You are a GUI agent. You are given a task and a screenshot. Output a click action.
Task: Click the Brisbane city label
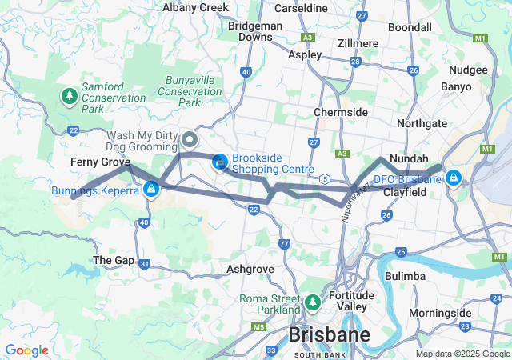(330, 334)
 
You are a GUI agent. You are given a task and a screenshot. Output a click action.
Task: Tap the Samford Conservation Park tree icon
(70, 98)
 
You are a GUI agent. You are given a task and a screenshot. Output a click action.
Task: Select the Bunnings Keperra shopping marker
(150, 190)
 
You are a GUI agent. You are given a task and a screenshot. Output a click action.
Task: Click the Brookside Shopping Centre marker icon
(218, 163)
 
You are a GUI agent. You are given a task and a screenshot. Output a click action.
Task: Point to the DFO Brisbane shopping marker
(454, 177)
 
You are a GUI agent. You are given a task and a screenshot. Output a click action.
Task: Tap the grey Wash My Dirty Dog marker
(190, 140)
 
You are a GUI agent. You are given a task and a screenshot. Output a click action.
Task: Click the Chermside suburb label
(341, 112)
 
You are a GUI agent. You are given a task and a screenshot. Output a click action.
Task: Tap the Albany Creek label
(195, 7)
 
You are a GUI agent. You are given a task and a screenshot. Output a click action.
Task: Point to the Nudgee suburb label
(468, 70)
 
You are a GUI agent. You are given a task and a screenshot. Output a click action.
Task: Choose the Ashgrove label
(252, 270)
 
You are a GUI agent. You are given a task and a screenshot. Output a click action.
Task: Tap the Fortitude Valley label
(352, 301)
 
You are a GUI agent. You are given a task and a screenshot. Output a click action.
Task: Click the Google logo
(26, 350)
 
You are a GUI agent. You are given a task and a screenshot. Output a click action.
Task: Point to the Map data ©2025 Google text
(462, 354)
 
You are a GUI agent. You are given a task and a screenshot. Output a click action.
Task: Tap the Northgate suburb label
(422, 124)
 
